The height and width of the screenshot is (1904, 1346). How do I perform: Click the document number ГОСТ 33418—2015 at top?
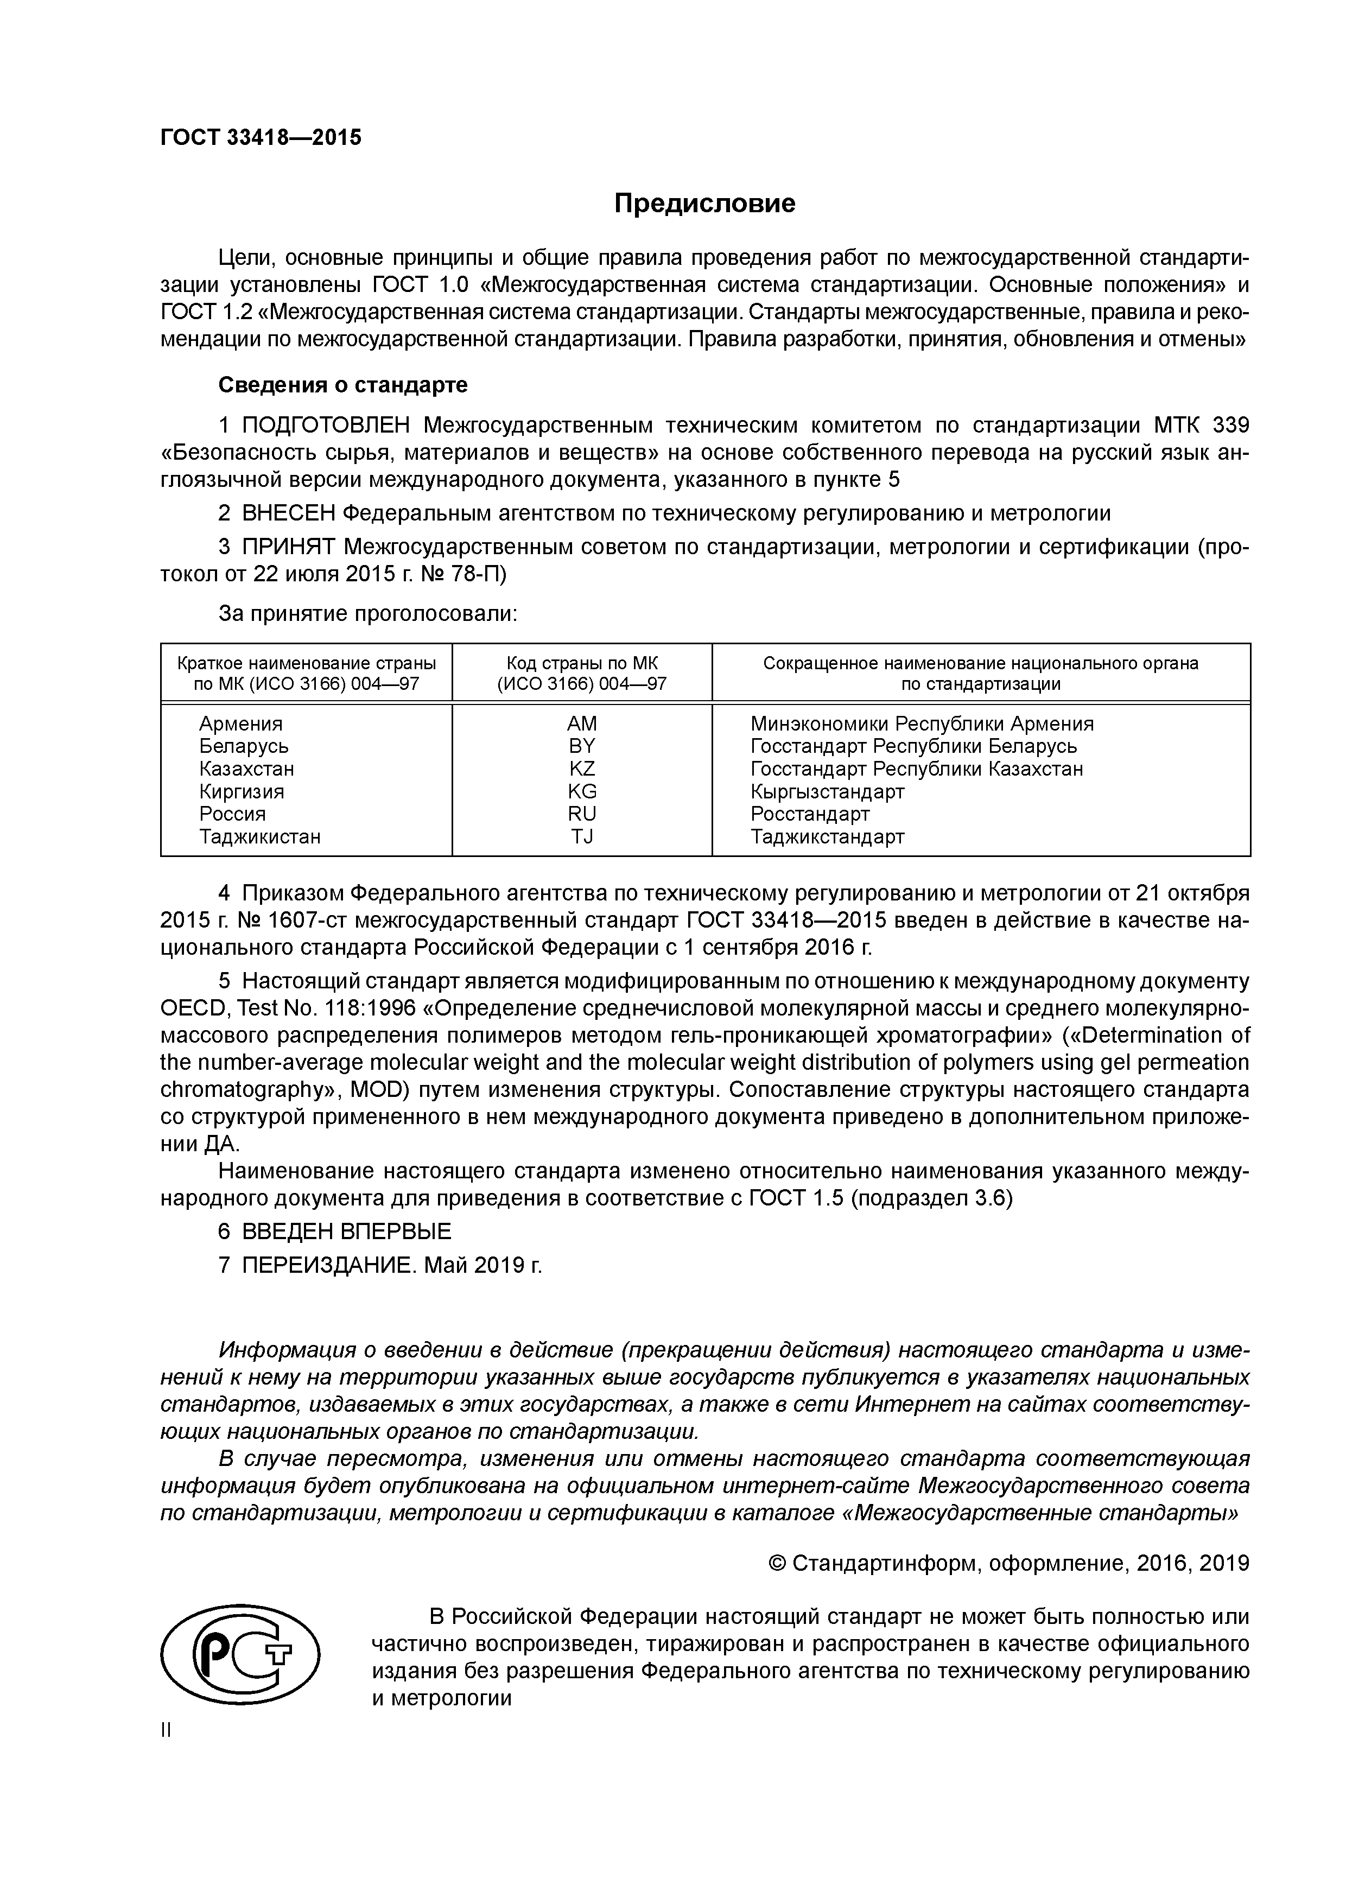[x=261, y=138]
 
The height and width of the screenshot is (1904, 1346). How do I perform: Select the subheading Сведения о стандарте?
[x=342, y=385]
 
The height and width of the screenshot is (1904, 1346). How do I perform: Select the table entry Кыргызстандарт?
[x=827, y=791]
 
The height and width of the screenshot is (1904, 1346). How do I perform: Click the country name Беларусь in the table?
[x=244, y=746]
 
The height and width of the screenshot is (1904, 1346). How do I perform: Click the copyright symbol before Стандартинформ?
[x=777, y=1563]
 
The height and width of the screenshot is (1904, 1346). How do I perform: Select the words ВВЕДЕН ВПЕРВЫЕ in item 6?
[x=347, y=1230]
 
